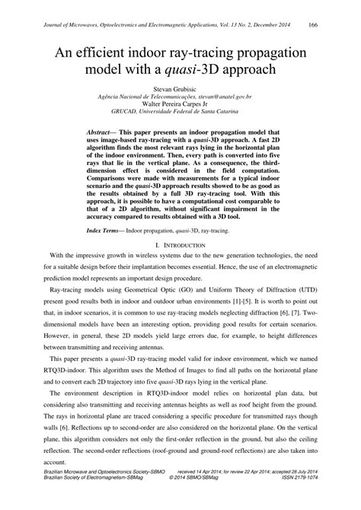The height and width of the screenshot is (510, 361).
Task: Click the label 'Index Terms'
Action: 106,230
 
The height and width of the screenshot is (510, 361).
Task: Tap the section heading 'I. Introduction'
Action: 180,245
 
